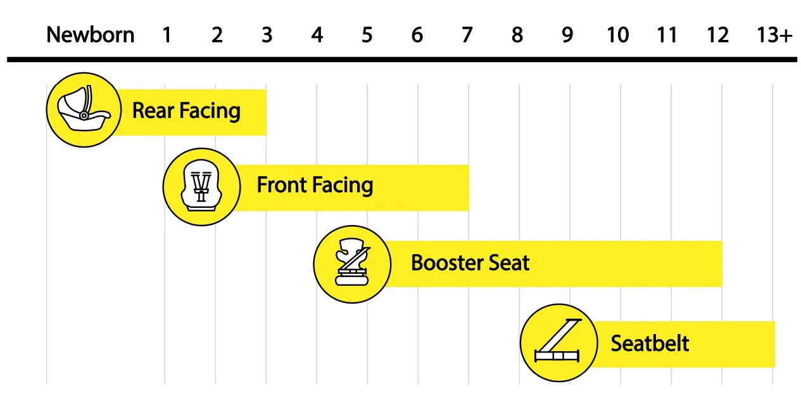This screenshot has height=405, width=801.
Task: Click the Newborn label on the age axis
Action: click(91, 35)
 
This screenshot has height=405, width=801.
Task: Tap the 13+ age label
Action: click(774, 35)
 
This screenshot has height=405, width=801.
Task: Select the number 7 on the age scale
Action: click(467, 35)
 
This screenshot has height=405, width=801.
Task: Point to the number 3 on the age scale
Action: click(267, 35)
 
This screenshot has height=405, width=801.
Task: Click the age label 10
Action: click(617, 35)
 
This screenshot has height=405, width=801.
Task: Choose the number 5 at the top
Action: click(367, 35)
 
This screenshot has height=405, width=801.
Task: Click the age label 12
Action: click(717, 35)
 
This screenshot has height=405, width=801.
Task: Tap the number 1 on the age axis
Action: click(167, 35)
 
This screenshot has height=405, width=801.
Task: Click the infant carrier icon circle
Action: click(84, 110)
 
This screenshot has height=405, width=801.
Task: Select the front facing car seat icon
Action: click(201, 186)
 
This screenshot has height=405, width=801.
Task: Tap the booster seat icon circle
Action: click(352, 262)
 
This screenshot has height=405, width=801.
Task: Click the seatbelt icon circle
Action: click(558, 342)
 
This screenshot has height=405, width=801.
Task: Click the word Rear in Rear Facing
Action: click(153, 111)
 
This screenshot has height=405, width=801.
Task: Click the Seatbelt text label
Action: click(650, 344)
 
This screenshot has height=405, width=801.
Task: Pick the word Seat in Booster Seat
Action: click(509, 262)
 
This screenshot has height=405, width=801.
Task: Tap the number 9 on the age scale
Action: click(567, 35)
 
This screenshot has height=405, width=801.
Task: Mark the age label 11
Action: click(667, 35)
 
